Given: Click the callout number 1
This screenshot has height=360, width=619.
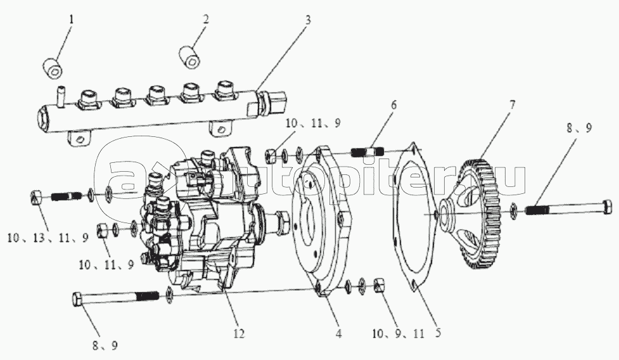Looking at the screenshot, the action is click(71, 20).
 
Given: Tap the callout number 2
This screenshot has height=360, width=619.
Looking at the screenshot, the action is click(205, 20).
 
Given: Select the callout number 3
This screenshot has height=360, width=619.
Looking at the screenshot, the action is click(308, 20).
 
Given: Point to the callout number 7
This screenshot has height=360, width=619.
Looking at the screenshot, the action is click(512, 106).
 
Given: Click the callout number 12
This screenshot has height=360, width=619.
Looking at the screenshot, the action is click(239, 333).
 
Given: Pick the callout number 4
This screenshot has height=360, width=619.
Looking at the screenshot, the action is click(338, 333).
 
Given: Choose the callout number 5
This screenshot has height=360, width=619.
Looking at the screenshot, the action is click(437, 333).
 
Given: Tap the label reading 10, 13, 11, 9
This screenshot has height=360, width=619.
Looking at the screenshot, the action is click(48, 238).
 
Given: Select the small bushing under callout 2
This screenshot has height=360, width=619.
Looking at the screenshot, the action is click(190, 57).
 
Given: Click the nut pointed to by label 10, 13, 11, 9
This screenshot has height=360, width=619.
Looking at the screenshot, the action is click(37, 197).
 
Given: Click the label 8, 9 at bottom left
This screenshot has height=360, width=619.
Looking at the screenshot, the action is click(105, 346).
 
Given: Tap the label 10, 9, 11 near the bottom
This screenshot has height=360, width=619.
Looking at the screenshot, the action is click(398, 334).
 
